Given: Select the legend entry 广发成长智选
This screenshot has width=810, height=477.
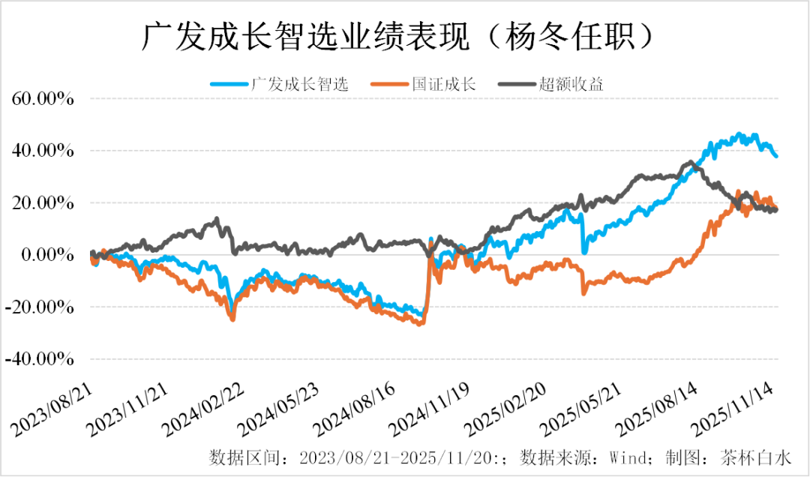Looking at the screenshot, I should (300, 84).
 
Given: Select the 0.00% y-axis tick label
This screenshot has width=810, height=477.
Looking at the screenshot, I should (46, 255).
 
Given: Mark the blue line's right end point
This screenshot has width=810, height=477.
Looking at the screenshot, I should (776, 156).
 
